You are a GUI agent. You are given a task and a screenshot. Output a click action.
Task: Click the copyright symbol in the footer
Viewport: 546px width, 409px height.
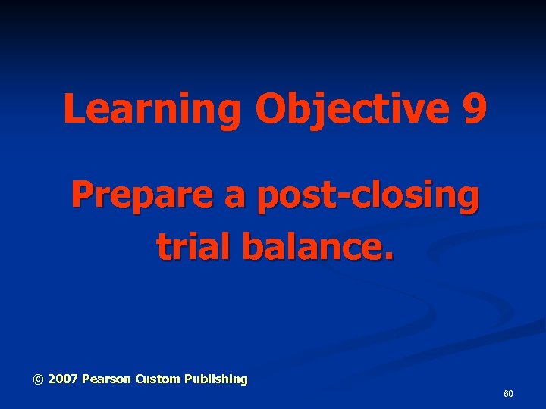pyautogui.click(x=38, y=379)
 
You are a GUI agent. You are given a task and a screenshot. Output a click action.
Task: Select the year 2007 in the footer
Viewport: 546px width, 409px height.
pyautogui.click(x=63, y=379)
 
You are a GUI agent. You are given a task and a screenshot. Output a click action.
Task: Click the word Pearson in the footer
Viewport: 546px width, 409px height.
pyautogui.click(x=106, y=379)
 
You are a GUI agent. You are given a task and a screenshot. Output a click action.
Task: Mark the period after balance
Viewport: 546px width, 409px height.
pyautogui.click(x=390, y=255)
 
